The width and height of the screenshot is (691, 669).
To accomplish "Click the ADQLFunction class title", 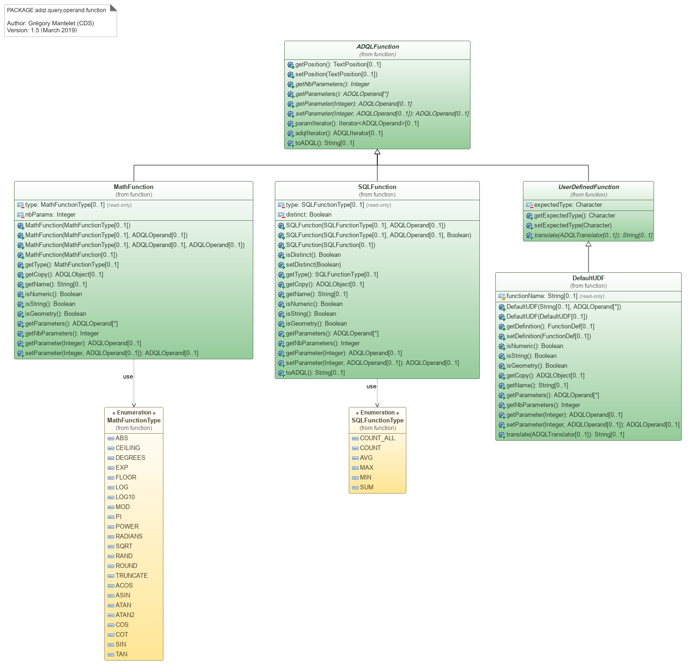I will [377, 47].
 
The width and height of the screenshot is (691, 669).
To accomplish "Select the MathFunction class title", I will [133, 187].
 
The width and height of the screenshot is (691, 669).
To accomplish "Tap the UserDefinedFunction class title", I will [588, 187].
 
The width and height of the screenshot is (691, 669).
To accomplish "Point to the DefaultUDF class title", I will [588, 278].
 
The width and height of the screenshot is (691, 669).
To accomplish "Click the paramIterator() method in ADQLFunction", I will [357, 124].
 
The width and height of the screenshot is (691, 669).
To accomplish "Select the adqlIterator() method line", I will [339, 133].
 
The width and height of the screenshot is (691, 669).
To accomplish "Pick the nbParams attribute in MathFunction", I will [50, 215].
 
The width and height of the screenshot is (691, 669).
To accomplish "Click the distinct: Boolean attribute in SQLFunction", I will [309, 215].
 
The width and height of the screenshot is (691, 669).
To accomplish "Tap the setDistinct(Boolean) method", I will [313, 265].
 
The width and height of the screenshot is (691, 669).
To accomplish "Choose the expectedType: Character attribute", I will [568, 205].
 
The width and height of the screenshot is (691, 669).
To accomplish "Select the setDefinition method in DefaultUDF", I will [549, 336].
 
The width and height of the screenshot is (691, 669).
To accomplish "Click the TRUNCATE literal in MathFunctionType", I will [132, 576].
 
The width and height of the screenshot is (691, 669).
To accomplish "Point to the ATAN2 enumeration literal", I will [125, 615].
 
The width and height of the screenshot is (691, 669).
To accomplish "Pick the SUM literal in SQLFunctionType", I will [367, 487].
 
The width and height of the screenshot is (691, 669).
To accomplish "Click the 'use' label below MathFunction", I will [128, 377].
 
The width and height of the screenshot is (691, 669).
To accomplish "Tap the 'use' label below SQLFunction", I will [371, 386].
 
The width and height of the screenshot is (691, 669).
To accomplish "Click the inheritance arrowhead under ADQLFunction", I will [377, 152].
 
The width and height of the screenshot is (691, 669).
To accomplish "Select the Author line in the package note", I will [51, 23].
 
